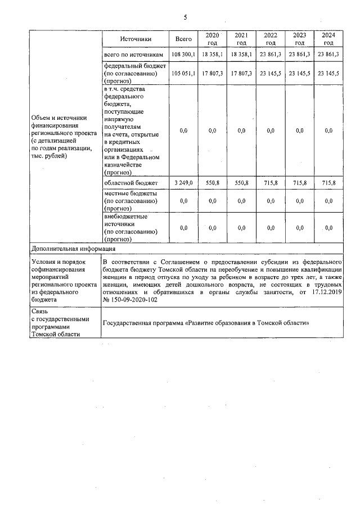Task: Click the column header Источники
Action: (x=135, y=39)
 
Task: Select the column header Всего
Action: (x=183, y=39)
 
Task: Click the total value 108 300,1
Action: (x=183, y=55)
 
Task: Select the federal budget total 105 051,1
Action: (x=183, y=73)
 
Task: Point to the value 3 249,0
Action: (x=183, y=183)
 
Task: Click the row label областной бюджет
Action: (x=131, y=183)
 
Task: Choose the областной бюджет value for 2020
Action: (x=212, y=183)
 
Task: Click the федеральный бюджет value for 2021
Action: (x=241, y=73)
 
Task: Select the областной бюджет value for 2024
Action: (x=328, y=183)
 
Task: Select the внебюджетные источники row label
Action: (x=130, y=227)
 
